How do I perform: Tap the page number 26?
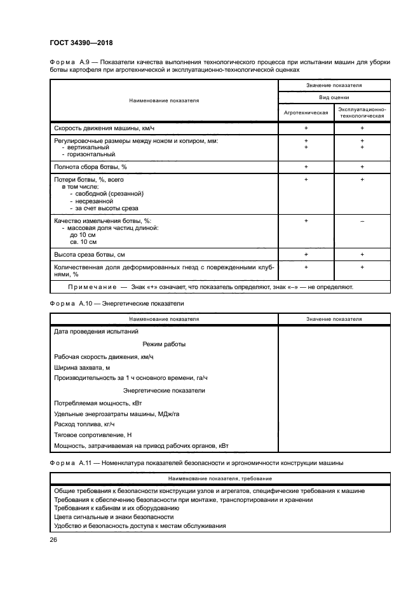pyautogui.click(x=53, y=540)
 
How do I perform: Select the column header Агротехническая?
pyautogui.click(x=306, y=112)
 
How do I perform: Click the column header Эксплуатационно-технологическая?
pyautogui.click(x=362, y=112)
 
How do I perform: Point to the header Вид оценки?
pyautogui.click(x=334, y=97)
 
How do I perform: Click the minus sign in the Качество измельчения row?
pyautogui.click(x=362, y=220)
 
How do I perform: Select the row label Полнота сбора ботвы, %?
pyautogui.click(x=91, y=166)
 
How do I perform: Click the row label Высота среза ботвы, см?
pyautogui.click(x=90, y=254)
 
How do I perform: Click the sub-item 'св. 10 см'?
pyautogui.click(x=83, y=241)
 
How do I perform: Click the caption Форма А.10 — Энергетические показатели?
pyautogui.click(x=116, y=304)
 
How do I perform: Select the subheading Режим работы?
pyautogui.click(x=164, y=344)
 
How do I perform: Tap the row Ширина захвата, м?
pyautogui.click(x=83, y=367)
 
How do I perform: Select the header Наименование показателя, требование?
pyautogui.click(x=220, y=478)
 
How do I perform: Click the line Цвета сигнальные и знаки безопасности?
pyautogui.click(x=114, y=516)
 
